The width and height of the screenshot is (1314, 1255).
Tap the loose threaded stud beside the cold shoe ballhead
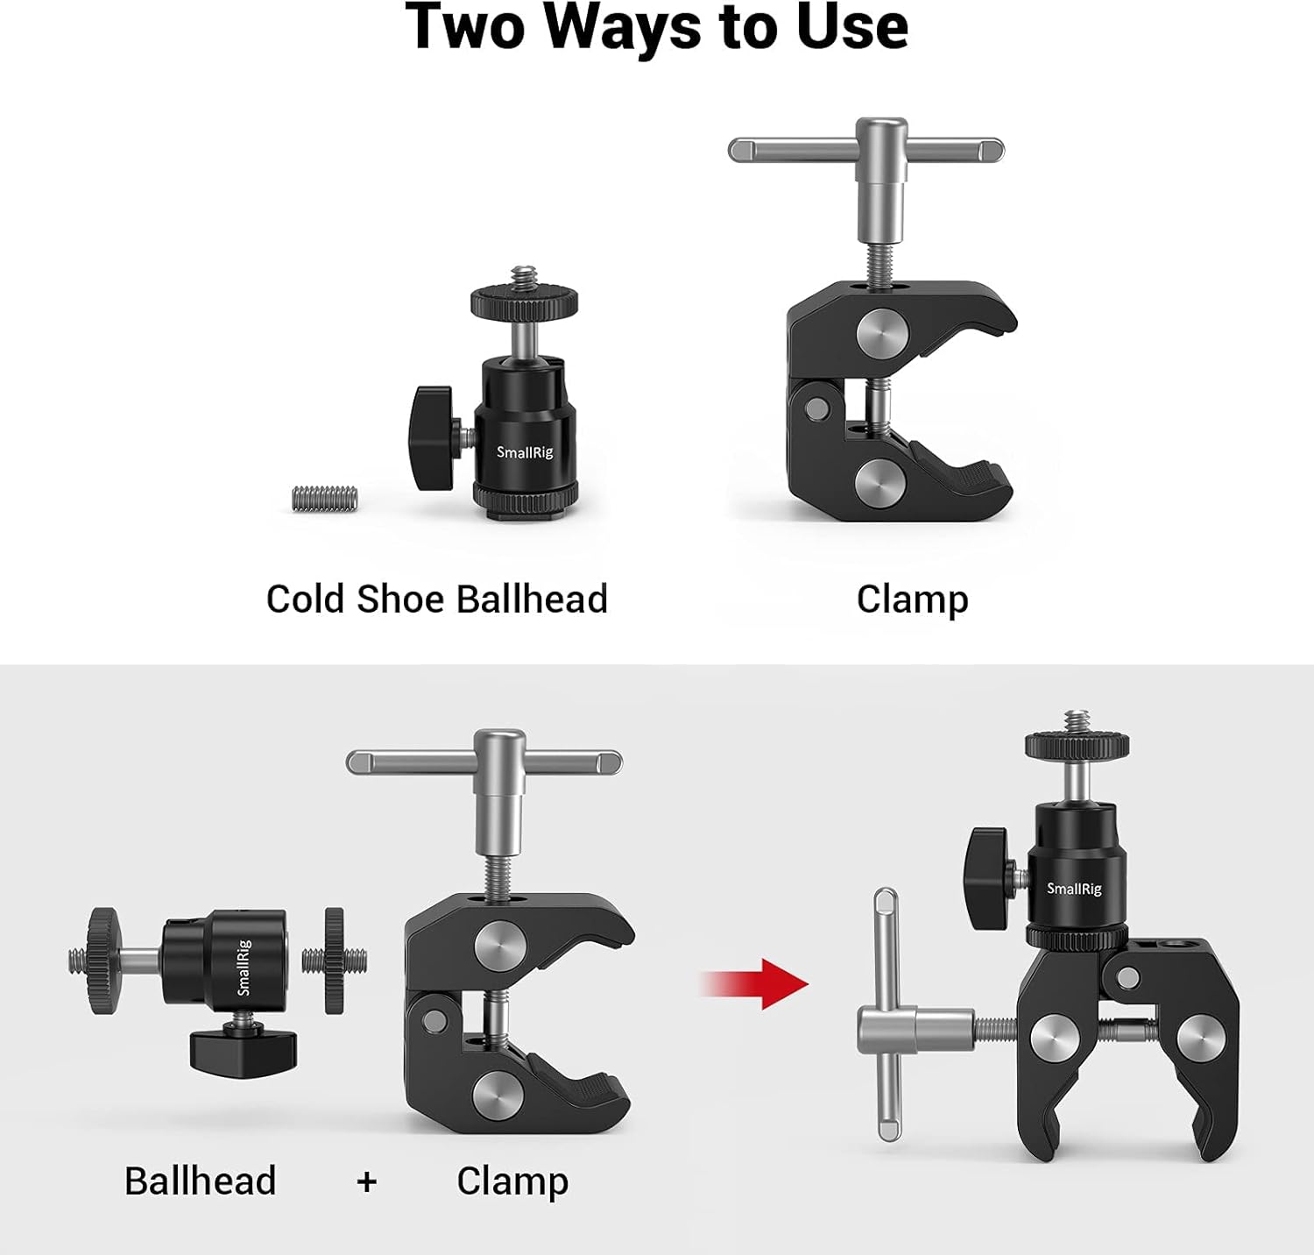pos(324,499)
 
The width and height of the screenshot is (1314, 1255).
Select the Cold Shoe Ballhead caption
pos(436,599)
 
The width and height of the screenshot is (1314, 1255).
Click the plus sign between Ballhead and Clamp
pos(366,1181)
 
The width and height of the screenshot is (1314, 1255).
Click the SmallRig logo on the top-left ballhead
pos(525,452)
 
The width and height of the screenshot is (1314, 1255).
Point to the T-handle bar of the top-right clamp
pos(865,150)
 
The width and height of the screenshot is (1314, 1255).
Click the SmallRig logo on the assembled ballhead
pos(1074,889)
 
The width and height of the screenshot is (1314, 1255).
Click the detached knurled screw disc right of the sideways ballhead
pos(334,961)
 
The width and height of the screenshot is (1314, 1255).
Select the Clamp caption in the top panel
pos(912,599)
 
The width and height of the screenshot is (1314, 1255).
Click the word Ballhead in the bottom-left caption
pos(200,1181)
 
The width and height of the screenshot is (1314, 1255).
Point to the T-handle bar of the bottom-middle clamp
pos(484,762)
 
